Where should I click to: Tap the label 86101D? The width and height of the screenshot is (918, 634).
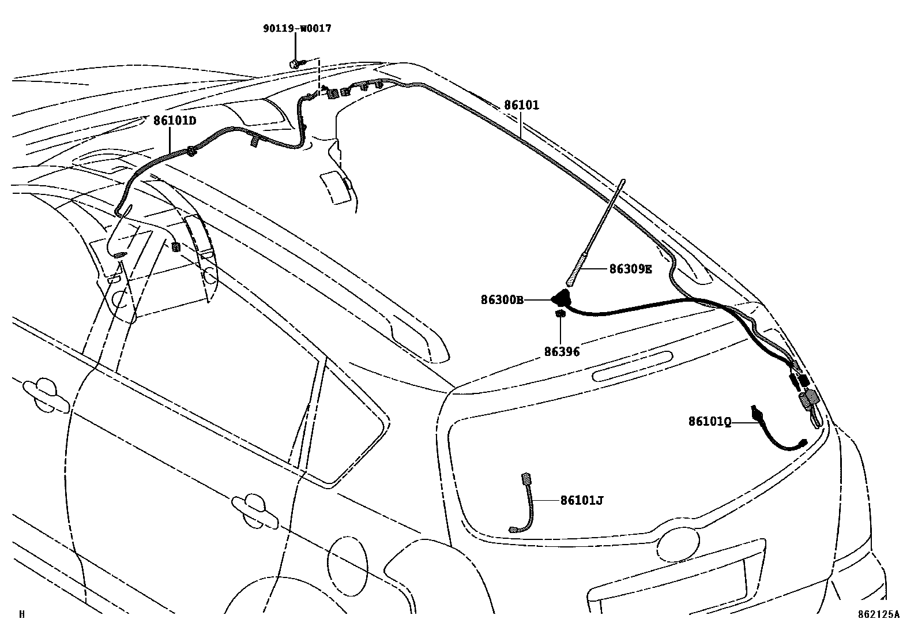point(175,121)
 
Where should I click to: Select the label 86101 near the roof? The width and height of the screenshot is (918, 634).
point(521,106)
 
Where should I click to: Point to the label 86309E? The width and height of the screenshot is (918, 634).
point(630,269)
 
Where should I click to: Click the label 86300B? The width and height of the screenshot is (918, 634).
point(502,300)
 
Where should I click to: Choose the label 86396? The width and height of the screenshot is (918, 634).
point(561,351)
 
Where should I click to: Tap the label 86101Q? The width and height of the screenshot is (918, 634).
point(709,422)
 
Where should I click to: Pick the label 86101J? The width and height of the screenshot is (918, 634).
point(581,501)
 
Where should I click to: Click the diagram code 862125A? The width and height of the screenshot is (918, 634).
point(878,615)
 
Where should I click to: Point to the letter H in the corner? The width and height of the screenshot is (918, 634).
point(22,615)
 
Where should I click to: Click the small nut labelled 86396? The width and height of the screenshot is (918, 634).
point(559,314)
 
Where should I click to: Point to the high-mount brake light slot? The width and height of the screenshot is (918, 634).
point(633,366)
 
